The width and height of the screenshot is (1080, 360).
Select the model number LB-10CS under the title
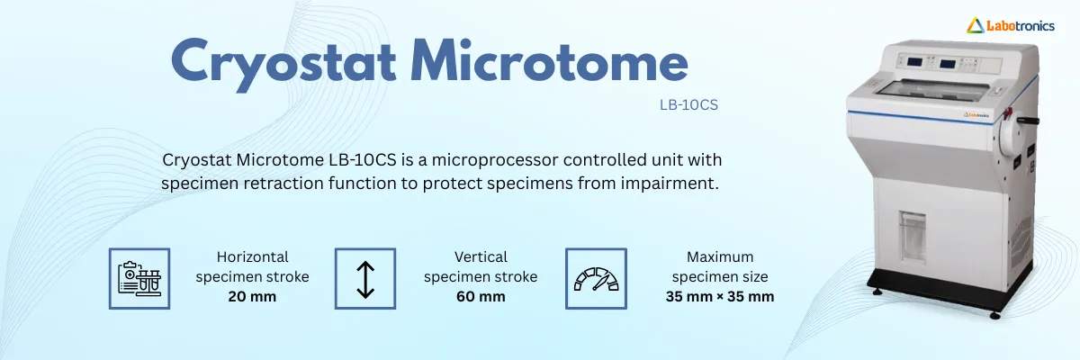click(x=688, y=104)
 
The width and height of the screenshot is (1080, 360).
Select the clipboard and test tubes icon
click(x=139, y=279)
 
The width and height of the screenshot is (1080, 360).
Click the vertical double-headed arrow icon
click(x=364, y=279)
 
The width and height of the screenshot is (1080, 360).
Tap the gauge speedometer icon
click(x=596, y=279)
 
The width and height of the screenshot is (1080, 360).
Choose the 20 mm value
click(x=252, y=297)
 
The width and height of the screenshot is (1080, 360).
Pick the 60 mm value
click(x=481, y=297)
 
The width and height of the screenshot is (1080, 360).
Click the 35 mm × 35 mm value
click(x=720, y=297)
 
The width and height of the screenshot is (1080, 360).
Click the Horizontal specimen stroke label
click(x=252, y=267)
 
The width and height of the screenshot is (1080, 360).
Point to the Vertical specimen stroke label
click(x=481, y=267)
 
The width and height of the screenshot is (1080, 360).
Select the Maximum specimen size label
click(x=720, y=267)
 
